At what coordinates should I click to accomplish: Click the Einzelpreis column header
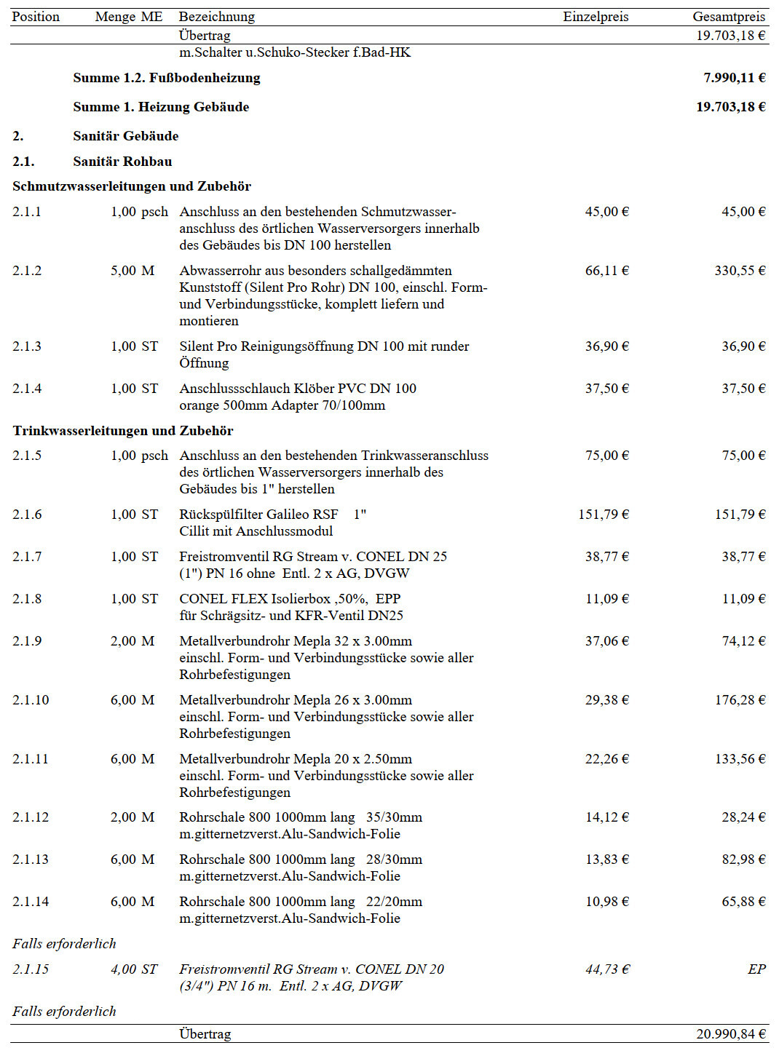[x=595, y=17]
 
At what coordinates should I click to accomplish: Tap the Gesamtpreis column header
[x=728, y=17]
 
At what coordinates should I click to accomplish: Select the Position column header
[x=36, y=17]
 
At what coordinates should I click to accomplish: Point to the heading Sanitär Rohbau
[x=122, y=162]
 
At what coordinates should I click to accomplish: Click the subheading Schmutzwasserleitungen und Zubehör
[x=132, y=186]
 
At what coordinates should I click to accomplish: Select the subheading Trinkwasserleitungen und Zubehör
[x=123, y=431]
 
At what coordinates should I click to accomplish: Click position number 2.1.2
[x=27, y=271]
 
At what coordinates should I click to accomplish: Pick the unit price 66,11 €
[x=606, y=271]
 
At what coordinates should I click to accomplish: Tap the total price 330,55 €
[x=739, y=271]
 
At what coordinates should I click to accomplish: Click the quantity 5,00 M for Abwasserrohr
[x=133, y=271]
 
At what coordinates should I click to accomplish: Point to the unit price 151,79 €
[x=603, y=515]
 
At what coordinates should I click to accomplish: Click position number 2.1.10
[x=31, y=700]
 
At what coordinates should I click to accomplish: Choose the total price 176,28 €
[x=739, y=700]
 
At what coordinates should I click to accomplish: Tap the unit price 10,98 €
[x=606, y=902]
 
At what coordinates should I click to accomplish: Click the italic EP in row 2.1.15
[x=756, y=969]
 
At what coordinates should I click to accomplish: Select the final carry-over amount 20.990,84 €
[x=730, y=1034]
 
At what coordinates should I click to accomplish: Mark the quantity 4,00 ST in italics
[x=134, y=969]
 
